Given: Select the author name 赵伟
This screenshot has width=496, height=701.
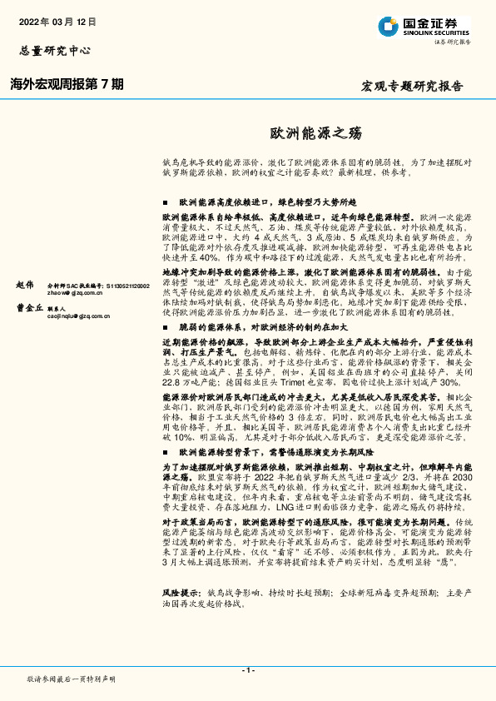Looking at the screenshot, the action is point(26,285).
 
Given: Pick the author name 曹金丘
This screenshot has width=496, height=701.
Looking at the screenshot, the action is point(26,308).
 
